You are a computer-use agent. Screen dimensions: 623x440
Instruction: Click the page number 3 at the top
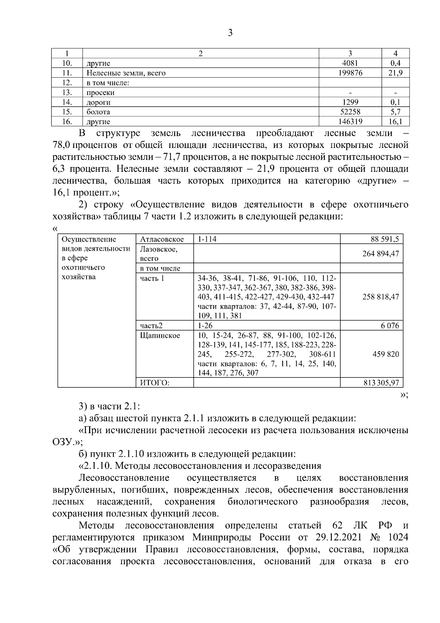pos(230,33)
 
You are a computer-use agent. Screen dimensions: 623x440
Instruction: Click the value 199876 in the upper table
pos(350,73)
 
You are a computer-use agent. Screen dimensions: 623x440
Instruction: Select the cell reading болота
pos(98,112)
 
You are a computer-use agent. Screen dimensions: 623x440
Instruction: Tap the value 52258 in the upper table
pos(350,112)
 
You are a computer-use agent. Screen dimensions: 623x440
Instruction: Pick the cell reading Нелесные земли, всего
pos(126,73)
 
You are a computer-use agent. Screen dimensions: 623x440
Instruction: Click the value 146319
pos(350,122)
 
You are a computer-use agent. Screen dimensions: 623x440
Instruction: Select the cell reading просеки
pos(100,93)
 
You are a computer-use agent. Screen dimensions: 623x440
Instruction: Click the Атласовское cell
pos(162,239)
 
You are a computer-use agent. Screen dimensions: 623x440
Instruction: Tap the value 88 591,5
pos(385,239)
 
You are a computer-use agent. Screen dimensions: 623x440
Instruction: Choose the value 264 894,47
pos(381,254)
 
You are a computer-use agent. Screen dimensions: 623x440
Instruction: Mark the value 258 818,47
pos(381,297)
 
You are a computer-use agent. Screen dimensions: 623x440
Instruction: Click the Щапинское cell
pos(160,336)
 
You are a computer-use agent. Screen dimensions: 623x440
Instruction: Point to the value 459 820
pos(386,354)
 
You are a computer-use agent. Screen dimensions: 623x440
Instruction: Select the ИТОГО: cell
pos(155,383)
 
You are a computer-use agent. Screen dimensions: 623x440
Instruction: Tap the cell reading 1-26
pos(205,326)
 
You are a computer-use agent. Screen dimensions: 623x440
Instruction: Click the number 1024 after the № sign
pos(397,537)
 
